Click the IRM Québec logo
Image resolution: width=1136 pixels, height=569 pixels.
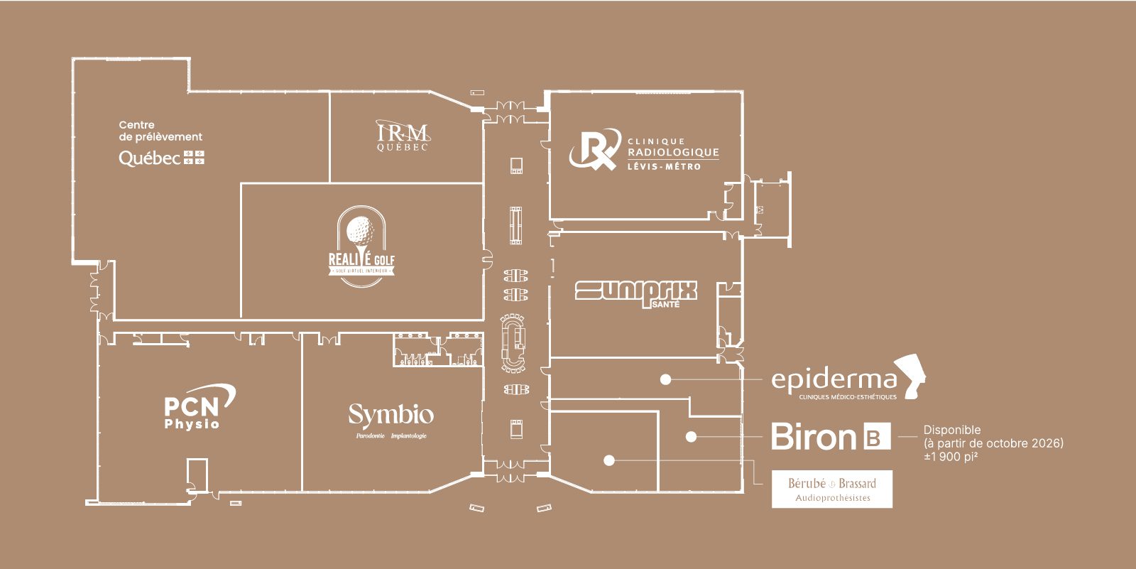[x=403, y=136]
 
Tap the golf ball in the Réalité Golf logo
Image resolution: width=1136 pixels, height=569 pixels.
[x=361, y=230]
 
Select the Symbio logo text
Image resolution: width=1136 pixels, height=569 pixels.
[x=390, y=415]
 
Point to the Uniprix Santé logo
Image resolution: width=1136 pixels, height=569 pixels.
[x=635, y=293]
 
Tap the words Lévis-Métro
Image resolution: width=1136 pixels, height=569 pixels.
[x=664, y=167]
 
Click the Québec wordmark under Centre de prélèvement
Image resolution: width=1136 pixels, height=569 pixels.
[x=150, y=158]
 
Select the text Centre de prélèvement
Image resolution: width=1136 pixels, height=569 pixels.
[x=160, y=131]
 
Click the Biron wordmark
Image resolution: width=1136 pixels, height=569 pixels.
[x=814, y=436]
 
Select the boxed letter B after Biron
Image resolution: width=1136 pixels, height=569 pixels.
[x=877, y=437]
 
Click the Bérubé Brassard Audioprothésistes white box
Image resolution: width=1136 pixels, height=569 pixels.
[x=832, y=489]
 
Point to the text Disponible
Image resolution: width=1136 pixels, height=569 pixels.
[x=952, y=430]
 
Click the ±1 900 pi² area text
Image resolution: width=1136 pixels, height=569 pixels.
[x=951, y=457]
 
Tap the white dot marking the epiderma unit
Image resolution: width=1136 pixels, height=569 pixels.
[x=665, y=379]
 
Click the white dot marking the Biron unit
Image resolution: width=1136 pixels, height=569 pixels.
[x=691, y=437]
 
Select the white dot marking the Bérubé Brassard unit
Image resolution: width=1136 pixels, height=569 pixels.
[x=608, y=460]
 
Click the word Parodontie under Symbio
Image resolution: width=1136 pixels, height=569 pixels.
[x=370, y=436]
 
